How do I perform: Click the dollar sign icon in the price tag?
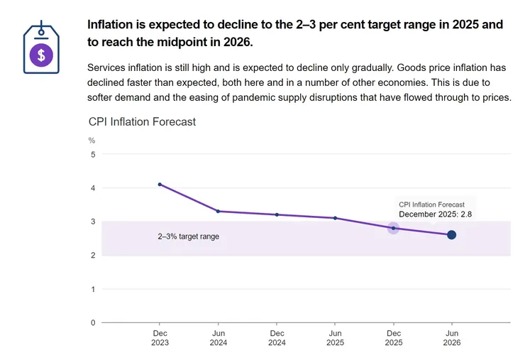tap(41, 55)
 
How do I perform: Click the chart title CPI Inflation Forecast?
tap(142, 122)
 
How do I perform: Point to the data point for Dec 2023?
tap(160, 185)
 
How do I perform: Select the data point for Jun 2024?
tap(218, 211)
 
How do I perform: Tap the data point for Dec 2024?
tap(277, 214)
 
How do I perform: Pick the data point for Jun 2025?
tap(335, 218)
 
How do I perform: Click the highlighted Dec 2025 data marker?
tap(393, 228)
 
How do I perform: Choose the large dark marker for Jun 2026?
tap(451, 235)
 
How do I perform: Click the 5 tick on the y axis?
tap(93, 155)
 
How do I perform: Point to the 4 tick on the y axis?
tap(93, 188)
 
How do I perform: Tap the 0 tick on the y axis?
tap(93, 323)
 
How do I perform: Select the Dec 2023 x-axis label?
tap(160, 337)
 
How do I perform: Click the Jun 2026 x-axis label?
tap(451, 337)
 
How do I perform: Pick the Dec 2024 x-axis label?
tap(277, 337)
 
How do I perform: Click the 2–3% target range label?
tap(188, 236)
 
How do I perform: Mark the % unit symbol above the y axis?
tap(92, 141)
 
